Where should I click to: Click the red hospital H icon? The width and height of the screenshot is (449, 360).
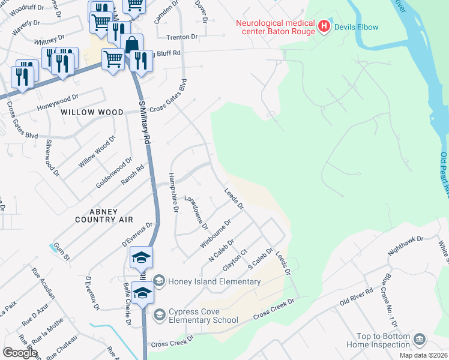tap(324, 26)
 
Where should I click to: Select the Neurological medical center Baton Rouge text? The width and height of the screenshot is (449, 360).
tap(276, 26)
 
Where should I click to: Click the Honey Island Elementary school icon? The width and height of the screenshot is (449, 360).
tap(159, 281)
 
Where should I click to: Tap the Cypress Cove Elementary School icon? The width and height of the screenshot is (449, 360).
tap(159, 314)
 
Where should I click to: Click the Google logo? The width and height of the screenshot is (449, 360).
tap(20, 353)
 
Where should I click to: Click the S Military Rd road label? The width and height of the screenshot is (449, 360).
tap(145, 122)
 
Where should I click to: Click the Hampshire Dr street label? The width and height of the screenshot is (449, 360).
tap(173, 192)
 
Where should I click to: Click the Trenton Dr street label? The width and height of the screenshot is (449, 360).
tap(182, 37)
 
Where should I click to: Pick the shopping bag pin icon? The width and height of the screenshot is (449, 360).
tap(131, 44)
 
